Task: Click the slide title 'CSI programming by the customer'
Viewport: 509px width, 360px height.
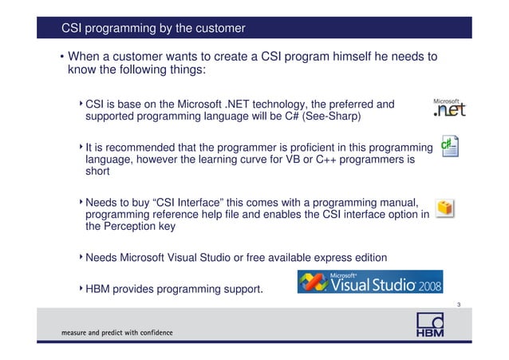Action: [x=153, y=30]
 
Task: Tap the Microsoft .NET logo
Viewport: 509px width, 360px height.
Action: [x=448, y=109]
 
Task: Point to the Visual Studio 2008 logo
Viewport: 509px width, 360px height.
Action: [x=369, y=282]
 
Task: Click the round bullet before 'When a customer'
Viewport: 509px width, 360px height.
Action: [x=61, y=57]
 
